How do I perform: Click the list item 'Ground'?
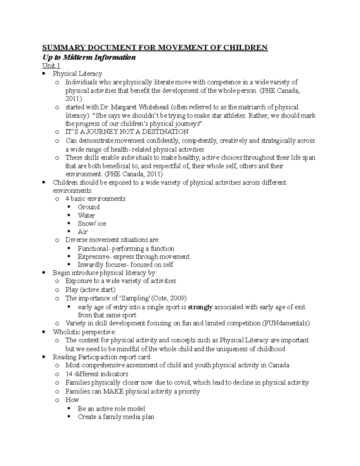(x=88, y=207)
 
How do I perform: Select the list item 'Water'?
(x=86, y=215)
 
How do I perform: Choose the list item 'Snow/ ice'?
(x=92, y=224)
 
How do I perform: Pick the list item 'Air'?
(x=82, y=232)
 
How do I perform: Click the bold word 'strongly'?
(x=200, y=307)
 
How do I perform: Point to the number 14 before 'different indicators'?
(x=69, y=374)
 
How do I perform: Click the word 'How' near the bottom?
(x=72, y=400)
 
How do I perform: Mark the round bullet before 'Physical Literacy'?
(x=44, y=74)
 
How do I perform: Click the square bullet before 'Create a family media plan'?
(x=69, y=416)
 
